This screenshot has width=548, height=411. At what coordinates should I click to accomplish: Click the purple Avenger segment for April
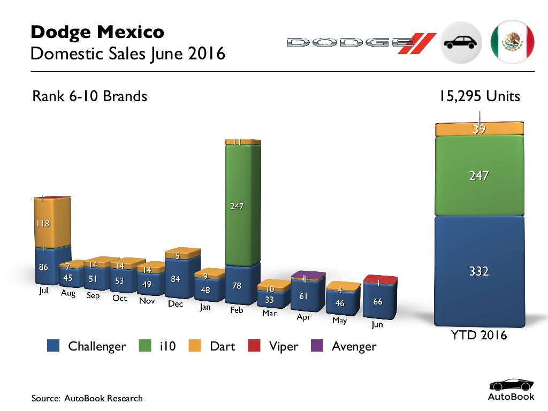[308, 276]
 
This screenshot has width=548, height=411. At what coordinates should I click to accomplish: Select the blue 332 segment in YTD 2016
[478, 270]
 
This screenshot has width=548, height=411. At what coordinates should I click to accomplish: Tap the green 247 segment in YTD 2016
[478, 176]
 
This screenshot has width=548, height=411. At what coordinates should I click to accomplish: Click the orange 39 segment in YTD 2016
[478, 129]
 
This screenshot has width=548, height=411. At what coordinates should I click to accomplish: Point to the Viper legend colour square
[254, 346]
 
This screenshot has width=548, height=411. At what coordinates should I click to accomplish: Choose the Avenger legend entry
[354, 346]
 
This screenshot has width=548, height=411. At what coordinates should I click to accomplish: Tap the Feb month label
[237, 310]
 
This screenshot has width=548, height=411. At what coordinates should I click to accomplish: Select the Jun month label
[377, 324]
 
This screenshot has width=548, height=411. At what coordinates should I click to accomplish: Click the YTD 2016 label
[478, 336]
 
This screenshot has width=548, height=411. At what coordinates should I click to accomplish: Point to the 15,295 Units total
[478, 97]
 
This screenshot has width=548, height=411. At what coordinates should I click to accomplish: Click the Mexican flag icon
[512, 42]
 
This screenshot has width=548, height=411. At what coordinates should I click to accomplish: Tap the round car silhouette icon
[461, 42]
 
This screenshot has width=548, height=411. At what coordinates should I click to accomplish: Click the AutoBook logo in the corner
[511, 390]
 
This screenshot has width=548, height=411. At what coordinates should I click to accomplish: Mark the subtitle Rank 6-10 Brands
[89, 97]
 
